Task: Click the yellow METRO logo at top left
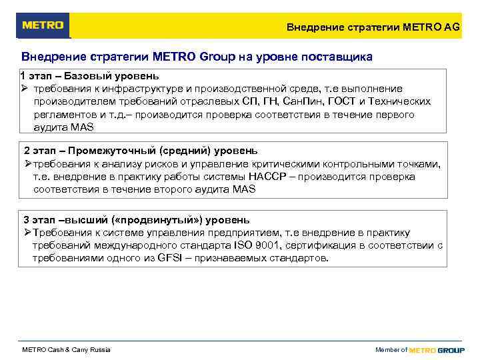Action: (43, 25)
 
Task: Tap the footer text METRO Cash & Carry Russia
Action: (67, 350)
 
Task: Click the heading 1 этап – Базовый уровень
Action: (89, 75)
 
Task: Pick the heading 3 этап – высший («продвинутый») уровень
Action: (137, 219)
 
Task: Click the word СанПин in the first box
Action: (301, 101)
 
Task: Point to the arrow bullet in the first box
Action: (24, 88)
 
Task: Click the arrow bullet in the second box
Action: (27, 163)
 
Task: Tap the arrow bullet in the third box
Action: (27, 232)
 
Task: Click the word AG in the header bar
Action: (451, 27)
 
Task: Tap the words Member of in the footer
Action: (391, 350)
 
